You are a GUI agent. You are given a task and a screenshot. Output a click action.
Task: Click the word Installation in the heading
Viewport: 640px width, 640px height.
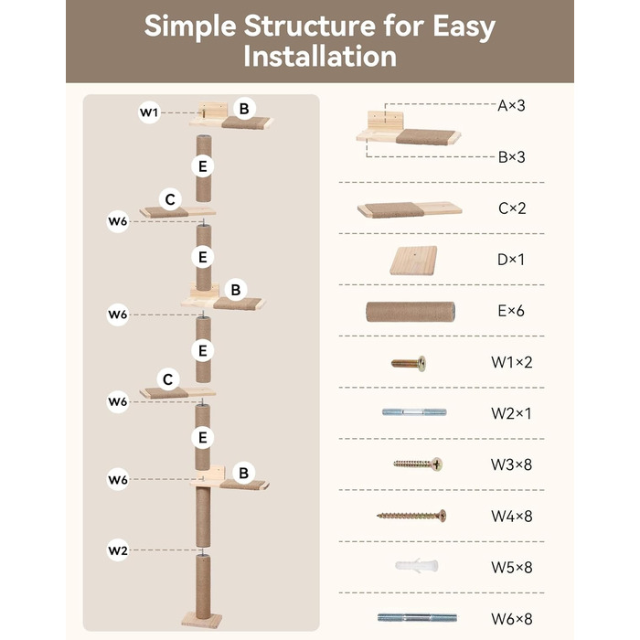pos(320,57)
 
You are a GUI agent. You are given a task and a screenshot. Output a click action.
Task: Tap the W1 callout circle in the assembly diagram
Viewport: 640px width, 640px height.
pos(149,112)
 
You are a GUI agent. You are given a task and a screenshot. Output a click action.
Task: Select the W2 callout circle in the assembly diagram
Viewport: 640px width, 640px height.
pos(118,550)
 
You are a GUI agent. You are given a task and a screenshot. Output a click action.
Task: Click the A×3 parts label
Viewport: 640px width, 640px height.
pos(511,106)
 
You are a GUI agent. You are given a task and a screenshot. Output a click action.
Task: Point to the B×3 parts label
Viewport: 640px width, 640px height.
pos(511,156)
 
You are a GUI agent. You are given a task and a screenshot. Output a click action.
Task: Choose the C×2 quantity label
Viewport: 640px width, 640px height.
pos(512,208)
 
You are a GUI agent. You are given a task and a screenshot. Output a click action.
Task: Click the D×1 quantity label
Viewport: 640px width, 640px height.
pos(511,259)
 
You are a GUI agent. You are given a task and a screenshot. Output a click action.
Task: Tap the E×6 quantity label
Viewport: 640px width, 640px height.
pos(511,311)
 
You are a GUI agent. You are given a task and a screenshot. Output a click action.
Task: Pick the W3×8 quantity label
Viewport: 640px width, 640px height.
pos(511,464)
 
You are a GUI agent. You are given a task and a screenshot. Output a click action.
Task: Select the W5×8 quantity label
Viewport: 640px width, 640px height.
pos(512,567)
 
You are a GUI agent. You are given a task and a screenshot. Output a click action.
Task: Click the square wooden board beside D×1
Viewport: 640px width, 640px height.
pos(413,260)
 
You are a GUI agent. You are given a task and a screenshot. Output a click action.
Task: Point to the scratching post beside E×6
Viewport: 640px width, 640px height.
pos(411,312)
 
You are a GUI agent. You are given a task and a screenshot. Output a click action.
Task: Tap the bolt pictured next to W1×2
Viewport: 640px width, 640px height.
pos(409,363)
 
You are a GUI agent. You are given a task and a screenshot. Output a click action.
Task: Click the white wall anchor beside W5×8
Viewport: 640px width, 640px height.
pos(416,566)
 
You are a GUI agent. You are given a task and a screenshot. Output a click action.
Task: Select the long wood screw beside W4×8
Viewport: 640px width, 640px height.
pos(411,516)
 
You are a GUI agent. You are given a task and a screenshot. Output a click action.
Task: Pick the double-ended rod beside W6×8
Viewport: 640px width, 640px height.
pos(417,617)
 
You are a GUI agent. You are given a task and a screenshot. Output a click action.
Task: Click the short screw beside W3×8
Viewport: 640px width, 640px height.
pos(418,464)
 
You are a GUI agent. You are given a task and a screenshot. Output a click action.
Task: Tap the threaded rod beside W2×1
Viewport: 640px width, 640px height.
pos(414,412)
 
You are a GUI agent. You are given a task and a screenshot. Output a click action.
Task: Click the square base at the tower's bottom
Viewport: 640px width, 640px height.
pos(202,620)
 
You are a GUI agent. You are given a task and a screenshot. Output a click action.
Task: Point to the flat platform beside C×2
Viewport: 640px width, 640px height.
pos(410,209)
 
